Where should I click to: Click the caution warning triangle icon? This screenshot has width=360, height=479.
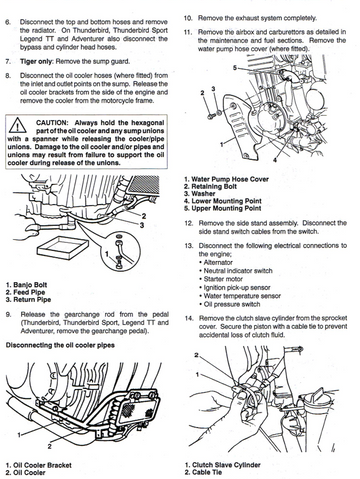coord(18,126)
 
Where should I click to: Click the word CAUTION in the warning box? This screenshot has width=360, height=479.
coord(52,123)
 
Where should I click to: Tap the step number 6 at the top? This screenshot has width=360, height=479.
coord(8,22)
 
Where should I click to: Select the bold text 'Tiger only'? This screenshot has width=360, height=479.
coord(37,62)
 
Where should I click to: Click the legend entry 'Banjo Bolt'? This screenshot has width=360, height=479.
coord(26,285)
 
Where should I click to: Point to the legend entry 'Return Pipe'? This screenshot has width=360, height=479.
coord(28,300)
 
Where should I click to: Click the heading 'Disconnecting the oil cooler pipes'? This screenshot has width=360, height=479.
coord(60,345)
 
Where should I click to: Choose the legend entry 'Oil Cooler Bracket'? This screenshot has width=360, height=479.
coord(38,465)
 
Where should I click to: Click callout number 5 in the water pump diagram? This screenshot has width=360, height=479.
coord(235,68)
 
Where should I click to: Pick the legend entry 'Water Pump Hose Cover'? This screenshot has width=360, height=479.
coord(226,179)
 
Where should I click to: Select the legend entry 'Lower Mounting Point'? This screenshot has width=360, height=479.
coord(223,201)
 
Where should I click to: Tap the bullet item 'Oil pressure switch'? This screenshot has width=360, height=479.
coord(230,304)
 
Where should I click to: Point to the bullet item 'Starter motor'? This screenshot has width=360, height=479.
coord(221,279)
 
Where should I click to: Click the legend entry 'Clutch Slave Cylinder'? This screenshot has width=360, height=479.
coord(223,465)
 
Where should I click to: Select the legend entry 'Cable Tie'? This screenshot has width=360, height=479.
coord(203,472)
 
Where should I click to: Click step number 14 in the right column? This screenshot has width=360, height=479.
coord(189,318)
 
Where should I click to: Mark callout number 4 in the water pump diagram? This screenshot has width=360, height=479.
coord(275,160)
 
